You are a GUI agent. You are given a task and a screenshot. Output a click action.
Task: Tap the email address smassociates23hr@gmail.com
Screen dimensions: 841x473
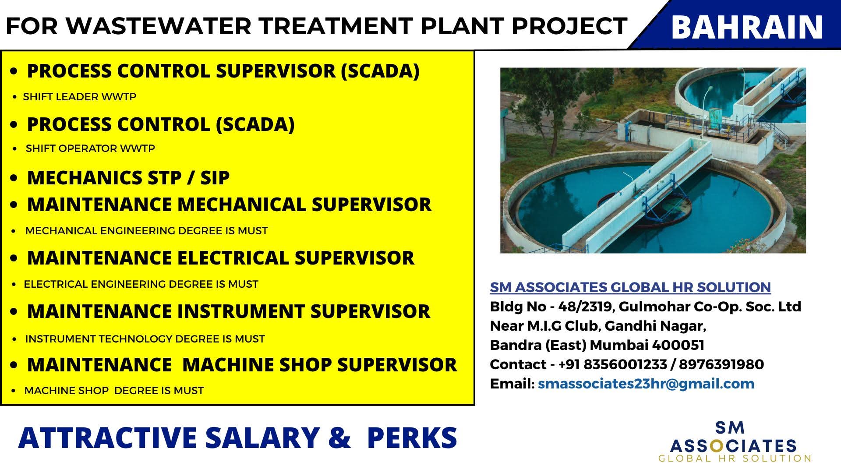click(646, 384)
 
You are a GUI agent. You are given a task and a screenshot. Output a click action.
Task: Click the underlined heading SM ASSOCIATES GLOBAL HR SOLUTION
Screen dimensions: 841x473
click(630, 287)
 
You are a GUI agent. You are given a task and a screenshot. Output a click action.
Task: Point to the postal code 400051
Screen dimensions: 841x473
click(678, 345)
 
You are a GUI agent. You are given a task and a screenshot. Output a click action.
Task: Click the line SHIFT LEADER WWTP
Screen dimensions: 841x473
click(80, 97)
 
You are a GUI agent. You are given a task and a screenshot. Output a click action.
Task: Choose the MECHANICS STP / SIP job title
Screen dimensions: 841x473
click(128, 178)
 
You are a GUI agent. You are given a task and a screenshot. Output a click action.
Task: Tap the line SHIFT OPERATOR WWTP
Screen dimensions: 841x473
click(90, 148)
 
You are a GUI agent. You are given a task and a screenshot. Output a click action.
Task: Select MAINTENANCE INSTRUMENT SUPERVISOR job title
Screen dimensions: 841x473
click(229, 311)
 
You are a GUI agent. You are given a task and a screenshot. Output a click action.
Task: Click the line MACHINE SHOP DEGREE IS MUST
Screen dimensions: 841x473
click(114, 391)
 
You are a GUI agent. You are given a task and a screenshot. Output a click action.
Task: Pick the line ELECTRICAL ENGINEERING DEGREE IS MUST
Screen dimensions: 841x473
click(141, 284)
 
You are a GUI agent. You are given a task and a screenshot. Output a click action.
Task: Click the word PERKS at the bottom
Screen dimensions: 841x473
click(413, 438)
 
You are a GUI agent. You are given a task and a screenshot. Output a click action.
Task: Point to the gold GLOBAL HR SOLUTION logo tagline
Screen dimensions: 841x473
click(735, 459)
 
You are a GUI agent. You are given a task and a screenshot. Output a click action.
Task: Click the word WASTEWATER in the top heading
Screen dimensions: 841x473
click(159, 26)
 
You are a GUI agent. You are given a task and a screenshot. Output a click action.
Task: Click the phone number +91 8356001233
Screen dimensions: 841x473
click(612, 364)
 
